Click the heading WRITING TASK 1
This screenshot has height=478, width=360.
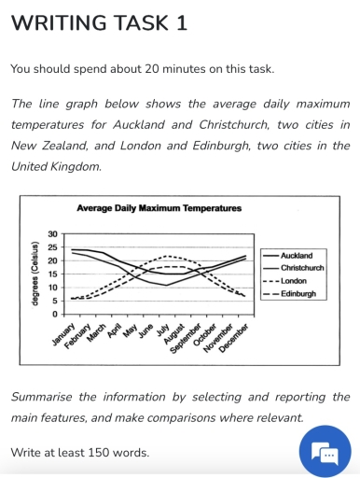tap(99, 22)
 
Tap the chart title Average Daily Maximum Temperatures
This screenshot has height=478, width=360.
tap(159, 207)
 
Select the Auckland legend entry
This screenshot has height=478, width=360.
tap(297, 254)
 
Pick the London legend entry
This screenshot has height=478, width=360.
tap(294, 280)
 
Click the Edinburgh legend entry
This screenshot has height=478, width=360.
tap(298, 293)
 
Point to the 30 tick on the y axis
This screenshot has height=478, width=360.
tap(52, 233)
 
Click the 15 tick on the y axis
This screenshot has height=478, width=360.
tap(52, 274)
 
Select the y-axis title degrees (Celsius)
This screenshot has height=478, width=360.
tap(35, 274)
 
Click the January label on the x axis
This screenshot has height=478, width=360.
tap(61, 333)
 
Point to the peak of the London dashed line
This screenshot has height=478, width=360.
tap(166, 255)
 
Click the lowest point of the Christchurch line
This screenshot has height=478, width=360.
tap(166, 285)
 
